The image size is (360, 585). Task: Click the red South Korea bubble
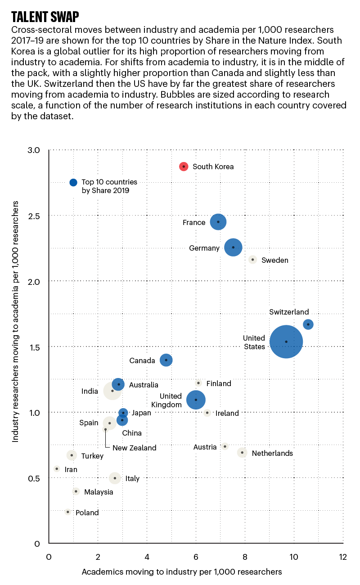(x=184, y=166)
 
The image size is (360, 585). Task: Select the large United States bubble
(x=286, y=342)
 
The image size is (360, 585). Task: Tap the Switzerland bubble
(x=308, y=324)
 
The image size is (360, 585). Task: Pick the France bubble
(x=218, y=222)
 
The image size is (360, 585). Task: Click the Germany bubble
(x=233, y=247)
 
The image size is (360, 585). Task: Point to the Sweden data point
(x=253, y=260)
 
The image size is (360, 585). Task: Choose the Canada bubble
(x=166, y=360)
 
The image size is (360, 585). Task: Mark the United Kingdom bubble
(x=196, y=400)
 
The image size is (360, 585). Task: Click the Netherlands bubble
(x=242, y=453)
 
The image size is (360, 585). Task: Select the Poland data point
(x=67, y=512)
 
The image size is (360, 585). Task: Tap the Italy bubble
(x=115, y=478)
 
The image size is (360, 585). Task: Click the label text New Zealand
(x=135, y=448)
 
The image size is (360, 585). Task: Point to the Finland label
(x=219, y=384)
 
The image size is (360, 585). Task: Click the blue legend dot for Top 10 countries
(x=74, y=183)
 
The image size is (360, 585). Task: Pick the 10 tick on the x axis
(x=294, y=557)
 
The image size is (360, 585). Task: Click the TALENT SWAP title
(x=45, y=17)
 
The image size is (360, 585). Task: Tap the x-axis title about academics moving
(x=182, y=572)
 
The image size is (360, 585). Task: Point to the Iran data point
(x=57, y=469)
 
